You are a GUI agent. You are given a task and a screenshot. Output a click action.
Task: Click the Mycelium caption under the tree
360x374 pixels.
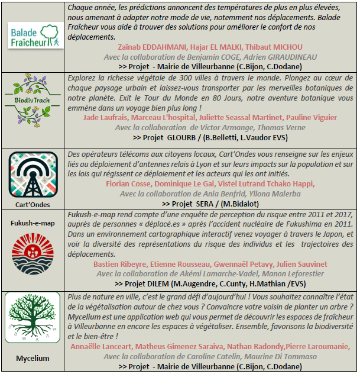(x=33, y=358)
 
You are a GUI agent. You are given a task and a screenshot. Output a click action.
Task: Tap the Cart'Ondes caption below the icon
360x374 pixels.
(x=33, y=204)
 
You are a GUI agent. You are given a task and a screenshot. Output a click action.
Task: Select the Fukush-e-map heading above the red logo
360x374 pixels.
(x=33, y=223)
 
